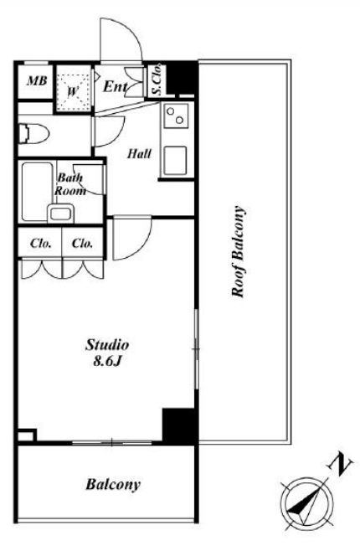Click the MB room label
37,81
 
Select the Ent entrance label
115,86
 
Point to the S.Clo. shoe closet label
157,79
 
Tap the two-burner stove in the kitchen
176,116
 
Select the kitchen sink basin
175,160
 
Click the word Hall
139,153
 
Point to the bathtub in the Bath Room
37,192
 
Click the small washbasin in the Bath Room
60,213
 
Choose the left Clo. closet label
41,243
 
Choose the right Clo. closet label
83,243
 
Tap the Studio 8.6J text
107,353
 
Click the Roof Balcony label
238,252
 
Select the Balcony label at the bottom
113,484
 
